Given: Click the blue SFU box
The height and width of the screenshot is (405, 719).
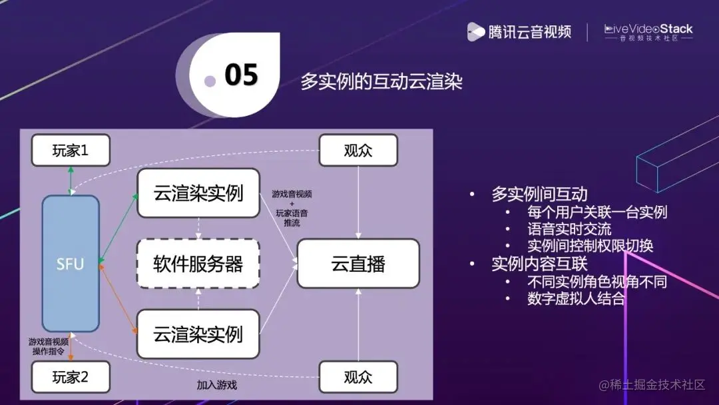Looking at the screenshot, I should click(x=70, y=264).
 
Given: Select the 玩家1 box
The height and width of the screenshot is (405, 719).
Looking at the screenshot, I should click(x=71, y=151).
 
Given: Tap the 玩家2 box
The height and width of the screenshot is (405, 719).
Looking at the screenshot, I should click(x=71, y=378).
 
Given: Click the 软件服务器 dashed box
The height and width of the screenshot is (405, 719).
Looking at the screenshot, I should click(x=198, y=264).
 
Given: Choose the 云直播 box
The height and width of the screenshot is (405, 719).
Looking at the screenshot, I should click(x=358, y=264).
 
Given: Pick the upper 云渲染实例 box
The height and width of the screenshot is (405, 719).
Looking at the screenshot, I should click(x=198, y=193).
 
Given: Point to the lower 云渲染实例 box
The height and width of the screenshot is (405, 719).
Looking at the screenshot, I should click(x=198, y=334).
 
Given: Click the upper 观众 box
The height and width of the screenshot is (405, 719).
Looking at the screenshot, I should click(x=358, y=151).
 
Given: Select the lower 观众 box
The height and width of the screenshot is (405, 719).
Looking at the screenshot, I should click(x=358, y=378).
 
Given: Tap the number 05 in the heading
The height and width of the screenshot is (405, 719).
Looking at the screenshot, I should click(x=241, y=75).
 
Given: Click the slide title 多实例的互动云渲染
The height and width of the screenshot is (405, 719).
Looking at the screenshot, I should click(x=381, y=82).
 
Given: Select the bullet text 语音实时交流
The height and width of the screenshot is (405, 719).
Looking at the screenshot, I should click(x=569, y=228).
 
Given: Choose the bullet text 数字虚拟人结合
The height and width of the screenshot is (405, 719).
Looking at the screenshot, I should click(x=577, y=298).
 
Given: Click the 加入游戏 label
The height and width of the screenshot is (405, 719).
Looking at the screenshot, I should click(x=216, y=385).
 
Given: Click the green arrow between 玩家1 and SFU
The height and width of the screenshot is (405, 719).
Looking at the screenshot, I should click(x=70, y=180).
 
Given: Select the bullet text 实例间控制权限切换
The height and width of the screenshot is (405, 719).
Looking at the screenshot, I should click(x=590, y=245).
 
